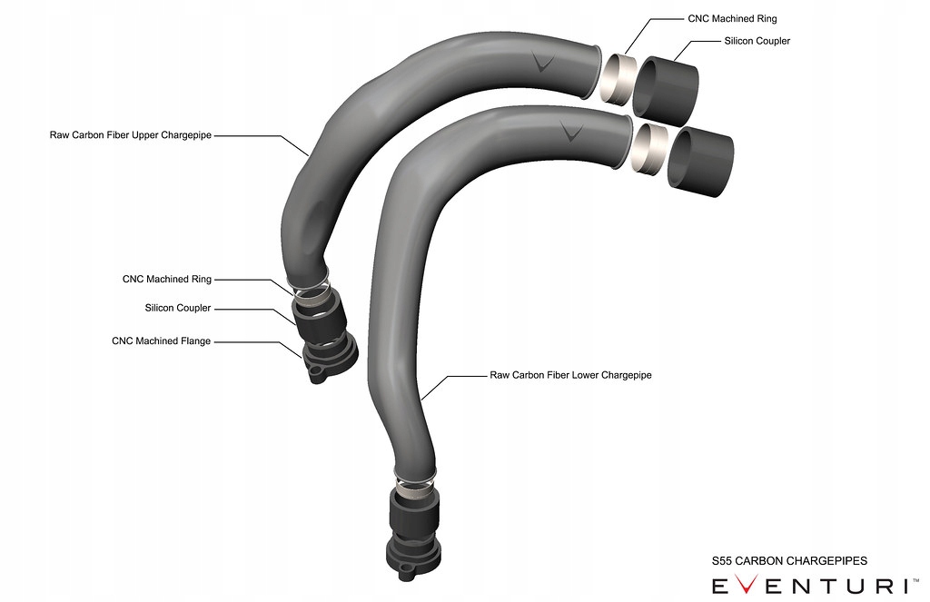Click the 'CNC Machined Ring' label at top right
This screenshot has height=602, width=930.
click(732, 18)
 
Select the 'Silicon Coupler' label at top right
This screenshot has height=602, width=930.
click(757, 42)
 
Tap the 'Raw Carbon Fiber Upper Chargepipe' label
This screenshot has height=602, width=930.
click(132, 134)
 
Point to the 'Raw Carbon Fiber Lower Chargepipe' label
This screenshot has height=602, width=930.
click(571, 374)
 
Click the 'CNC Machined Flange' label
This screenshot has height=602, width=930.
click(162, 341)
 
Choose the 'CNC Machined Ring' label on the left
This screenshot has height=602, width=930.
click(167, 279)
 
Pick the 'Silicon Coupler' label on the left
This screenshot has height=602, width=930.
click(178, 308)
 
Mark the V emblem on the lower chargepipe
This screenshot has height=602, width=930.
click(571, 133)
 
